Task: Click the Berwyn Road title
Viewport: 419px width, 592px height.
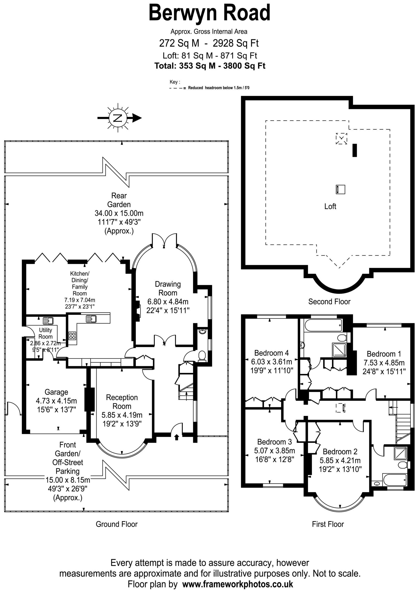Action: (209, 13)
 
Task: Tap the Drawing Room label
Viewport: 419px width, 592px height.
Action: (168, 288)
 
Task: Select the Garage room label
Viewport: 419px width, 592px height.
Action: (56, 392)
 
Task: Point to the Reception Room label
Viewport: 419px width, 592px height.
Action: (122, 402)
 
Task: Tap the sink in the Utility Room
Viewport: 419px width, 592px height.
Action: (48, 321)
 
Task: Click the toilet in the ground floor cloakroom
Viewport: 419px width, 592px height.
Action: (202, 356)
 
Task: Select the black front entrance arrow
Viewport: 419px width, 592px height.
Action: (177, 437)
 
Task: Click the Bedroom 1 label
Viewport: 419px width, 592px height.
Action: (384, 354)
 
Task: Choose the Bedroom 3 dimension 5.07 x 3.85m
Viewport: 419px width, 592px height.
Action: (274, 450)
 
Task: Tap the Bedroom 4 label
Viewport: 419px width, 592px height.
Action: (272, 353)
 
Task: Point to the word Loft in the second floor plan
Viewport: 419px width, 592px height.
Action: (330, 206)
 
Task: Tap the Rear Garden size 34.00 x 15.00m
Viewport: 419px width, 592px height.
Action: (119, 213)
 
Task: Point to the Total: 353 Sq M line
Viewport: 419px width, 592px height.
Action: (210, 66)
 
